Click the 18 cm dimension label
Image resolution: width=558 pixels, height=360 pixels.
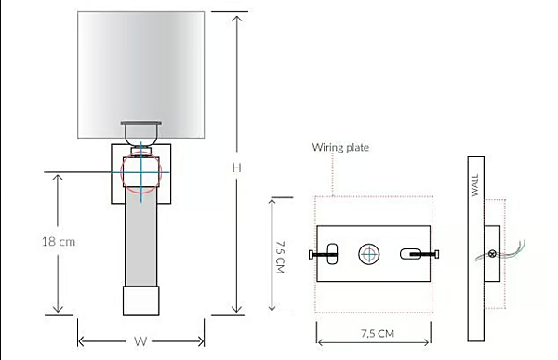[59, 242]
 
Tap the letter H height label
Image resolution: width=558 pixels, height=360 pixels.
[236, 167]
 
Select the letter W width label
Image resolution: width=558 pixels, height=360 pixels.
[140, 341]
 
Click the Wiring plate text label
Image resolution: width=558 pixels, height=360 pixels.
[340, 147]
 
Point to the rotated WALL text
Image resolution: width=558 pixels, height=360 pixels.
[475, 185]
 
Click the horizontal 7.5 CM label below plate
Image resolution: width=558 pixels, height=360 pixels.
[378, 334]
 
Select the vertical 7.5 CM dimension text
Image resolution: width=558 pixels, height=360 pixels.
[281, 257]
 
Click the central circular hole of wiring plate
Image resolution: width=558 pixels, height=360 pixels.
[369, 254]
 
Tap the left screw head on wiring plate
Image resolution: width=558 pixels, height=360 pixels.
[311, 254]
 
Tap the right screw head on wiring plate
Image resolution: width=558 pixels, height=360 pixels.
[437, 254]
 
